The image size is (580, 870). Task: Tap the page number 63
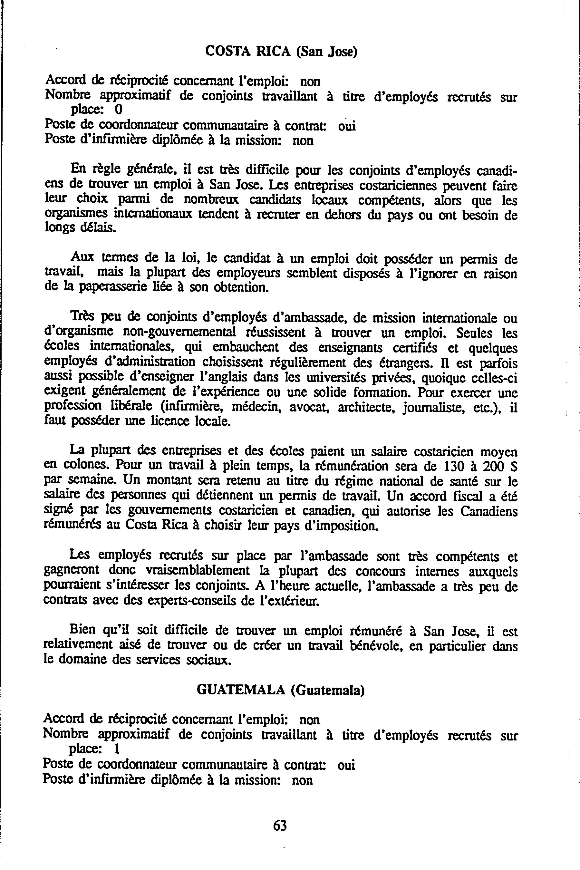280,825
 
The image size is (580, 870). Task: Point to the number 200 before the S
492,467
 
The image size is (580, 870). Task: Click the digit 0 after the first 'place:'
118,110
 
